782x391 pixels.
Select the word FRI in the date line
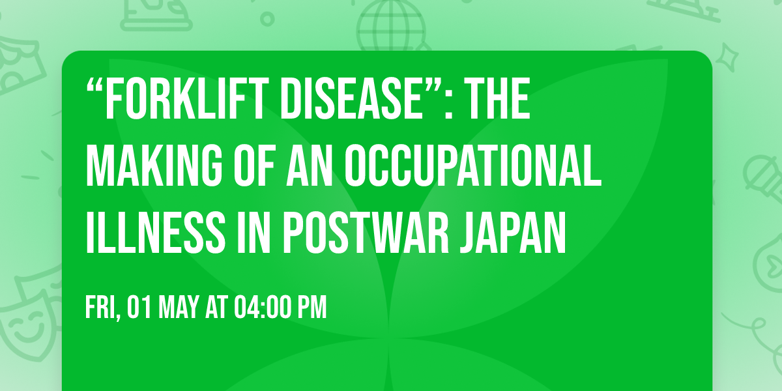click(x=100, y=309)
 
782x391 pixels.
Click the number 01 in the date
click(x=136, y=309)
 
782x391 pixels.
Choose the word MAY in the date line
click(x=171, y=309)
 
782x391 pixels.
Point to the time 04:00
click(x=261, y=309)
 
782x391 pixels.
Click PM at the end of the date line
click(x=312, y=309)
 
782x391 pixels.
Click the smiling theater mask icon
click(x=26, y=326)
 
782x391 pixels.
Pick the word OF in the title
click(x=255, y=168)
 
